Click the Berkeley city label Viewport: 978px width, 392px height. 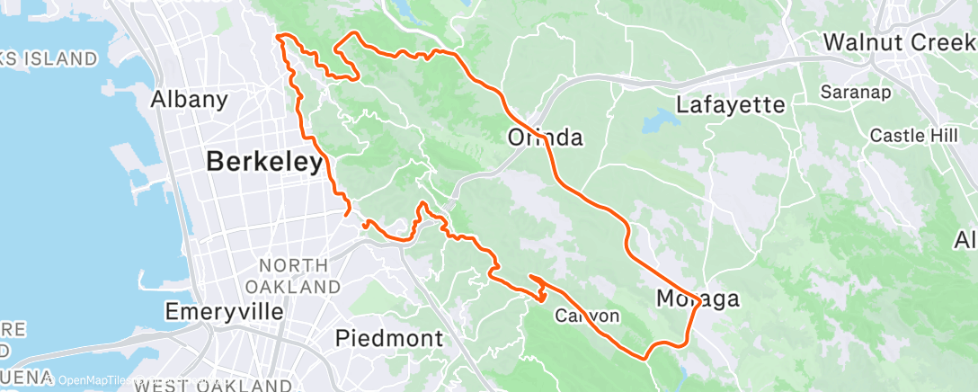coord(264,163)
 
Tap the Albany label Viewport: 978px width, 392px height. coord(189,99)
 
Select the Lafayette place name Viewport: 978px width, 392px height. coord(730,105)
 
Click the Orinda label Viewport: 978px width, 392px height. coord(546,138)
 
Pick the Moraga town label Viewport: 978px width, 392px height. coord(697,298)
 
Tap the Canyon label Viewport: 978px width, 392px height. coord(587,316)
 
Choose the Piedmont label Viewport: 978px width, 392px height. coord(389,338)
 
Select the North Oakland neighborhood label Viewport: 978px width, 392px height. coord(299,276)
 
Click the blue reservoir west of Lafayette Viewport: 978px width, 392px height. coord(663,119)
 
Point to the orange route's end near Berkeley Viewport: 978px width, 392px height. coord(347,213)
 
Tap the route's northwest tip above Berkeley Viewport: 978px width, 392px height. coord(279,36)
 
